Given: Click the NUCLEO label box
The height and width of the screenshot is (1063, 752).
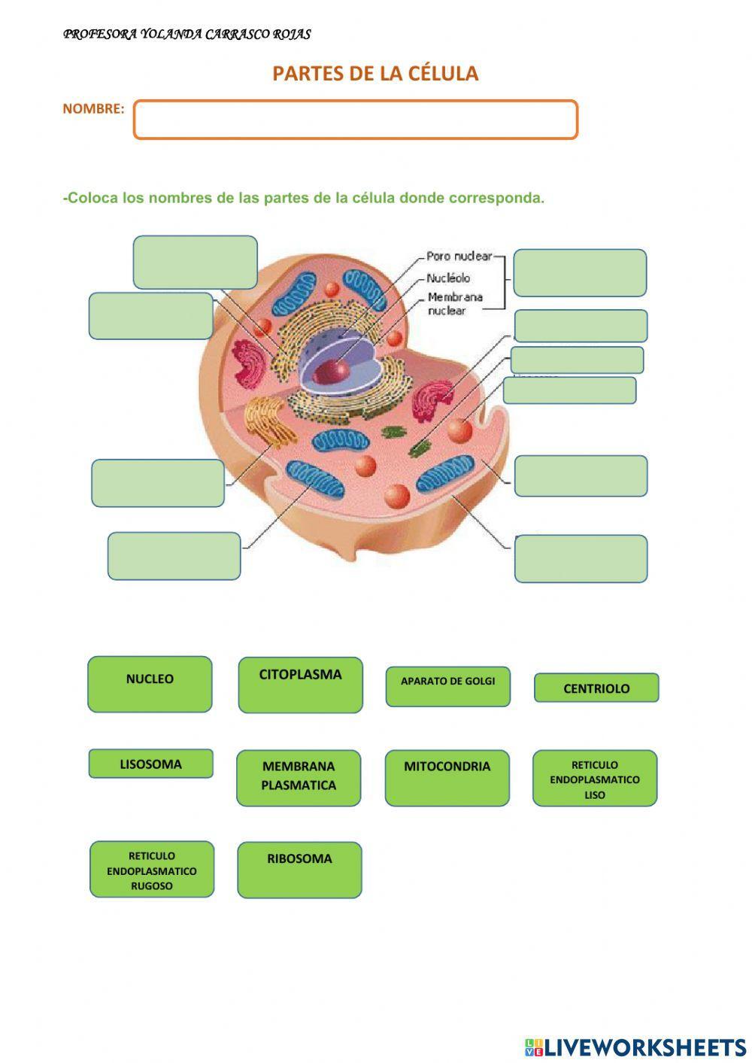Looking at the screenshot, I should pos(150,684).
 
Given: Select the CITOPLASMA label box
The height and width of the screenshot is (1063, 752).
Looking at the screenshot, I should pos(300,684).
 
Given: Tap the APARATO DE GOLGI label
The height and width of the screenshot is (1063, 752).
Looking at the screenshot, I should pos(447,686).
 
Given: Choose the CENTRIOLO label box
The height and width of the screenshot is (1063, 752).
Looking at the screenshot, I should pos(596,688).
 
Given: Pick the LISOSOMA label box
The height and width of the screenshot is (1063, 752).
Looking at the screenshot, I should pos(150,764).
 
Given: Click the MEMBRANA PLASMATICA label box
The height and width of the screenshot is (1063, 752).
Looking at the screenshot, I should pos(299,778).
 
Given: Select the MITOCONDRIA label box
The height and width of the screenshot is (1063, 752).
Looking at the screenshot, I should pos(447,777).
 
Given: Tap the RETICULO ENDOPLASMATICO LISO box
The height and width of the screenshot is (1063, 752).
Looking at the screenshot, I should pos(595,778).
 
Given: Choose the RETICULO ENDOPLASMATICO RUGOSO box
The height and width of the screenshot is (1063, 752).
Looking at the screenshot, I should pos(152,869).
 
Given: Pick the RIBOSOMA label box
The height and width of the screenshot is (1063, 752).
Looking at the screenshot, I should pos(299,869).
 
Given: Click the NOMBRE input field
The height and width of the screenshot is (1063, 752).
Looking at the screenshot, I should pos(355,120).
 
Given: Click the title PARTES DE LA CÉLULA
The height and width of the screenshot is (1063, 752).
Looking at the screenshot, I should pos(375,74).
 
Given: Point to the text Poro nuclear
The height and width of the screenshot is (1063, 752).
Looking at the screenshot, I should pos(459,257).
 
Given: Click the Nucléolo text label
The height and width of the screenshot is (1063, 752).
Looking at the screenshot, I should pos(448,278).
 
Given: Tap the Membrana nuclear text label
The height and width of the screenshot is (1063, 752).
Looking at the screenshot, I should pos(454,303).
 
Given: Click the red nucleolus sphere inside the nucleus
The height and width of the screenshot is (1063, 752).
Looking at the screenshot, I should pos(331,370).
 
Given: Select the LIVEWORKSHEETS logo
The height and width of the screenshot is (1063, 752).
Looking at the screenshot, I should pos(635,1046).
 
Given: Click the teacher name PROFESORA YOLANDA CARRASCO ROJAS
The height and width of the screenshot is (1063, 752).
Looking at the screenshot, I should pos(186,35).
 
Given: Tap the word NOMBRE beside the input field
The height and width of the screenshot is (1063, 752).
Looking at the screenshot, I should pos(93,109).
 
